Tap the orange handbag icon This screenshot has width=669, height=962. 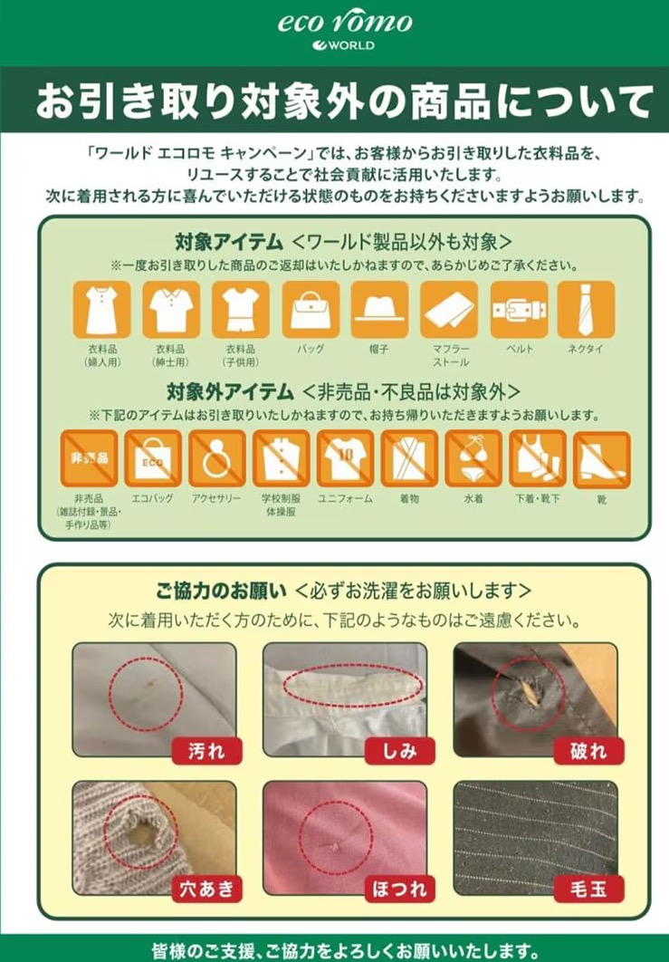click(x=311, y=310)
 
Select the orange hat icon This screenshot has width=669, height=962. click(x=380, y=310)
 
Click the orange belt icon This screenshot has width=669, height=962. click(x=519, y=310)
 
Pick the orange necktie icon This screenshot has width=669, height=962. click(x=586, y=310)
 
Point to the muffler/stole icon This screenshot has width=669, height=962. click(x=449, y=310)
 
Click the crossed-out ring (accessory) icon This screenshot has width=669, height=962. click(x=217, y=458)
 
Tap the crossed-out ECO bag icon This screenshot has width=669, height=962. click(x=153, y=458)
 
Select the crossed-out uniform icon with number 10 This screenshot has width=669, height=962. click(x=345, y=458)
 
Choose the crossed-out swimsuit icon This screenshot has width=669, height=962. click(x=473, y=458)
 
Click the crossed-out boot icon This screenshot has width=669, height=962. click(x=602, y=458)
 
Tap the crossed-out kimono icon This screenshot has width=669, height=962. click(x=409, y=458)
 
